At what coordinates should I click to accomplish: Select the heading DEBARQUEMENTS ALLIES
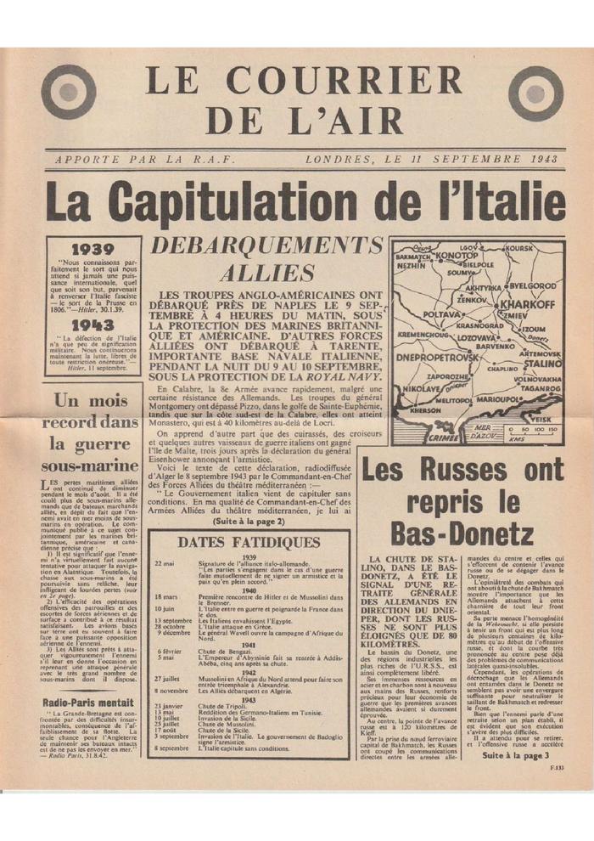click(x=266, y=259)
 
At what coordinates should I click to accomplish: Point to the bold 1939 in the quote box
click(x=93, y=250)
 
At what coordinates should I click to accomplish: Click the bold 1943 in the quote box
click(x=93, y=325)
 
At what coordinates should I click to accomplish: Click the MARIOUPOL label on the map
click(x=500, y=398)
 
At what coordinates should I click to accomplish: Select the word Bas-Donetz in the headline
click(x=462, y=533)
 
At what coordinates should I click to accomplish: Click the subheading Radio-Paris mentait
click(x=88, y=702)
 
